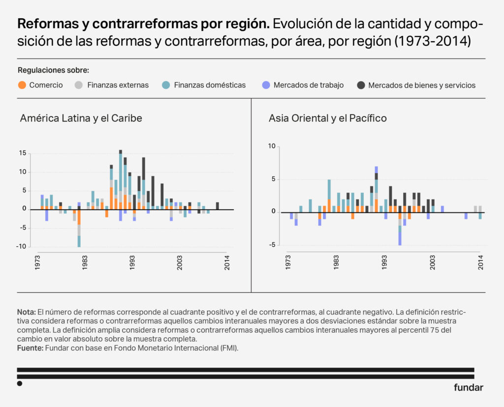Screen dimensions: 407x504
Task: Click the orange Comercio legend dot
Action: pos(22,85)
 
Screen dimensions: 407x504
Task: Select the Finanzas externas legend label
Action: pos(118,85)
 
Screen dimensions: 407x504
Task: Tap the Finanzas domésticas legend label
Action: pos(210,85)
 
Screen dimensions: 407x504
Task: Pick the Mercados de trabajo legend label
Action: pos(309,85)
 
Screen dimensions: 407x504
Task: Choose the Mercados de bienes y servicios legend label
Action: pos(422,85)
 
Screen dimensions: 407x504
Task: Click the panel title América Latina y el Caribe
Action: pos(81,118)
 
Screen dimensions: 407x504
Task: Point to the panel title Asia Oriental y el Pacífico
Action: pos(328,118)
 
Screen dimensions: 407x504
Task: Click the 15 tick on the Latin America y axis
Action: pos(23,153)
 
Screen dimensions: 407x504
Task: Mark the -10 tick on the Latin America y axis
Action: pos(21,246)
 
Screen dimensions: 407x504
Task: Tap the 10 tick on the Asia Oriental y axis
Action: pos(272,146)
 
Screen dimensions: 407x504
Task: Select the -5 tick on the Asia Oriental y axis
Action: pos(272,245)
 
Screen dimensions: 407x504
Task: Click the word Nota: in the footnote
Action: pos(26,312)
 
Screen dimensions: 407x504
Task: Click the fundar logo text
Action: pos(468,387)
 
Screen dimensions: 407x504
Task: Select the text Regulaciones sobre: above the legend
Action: pos(53,70)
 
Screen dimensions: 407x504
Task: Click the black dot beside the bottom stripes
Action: pos(20,383)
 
